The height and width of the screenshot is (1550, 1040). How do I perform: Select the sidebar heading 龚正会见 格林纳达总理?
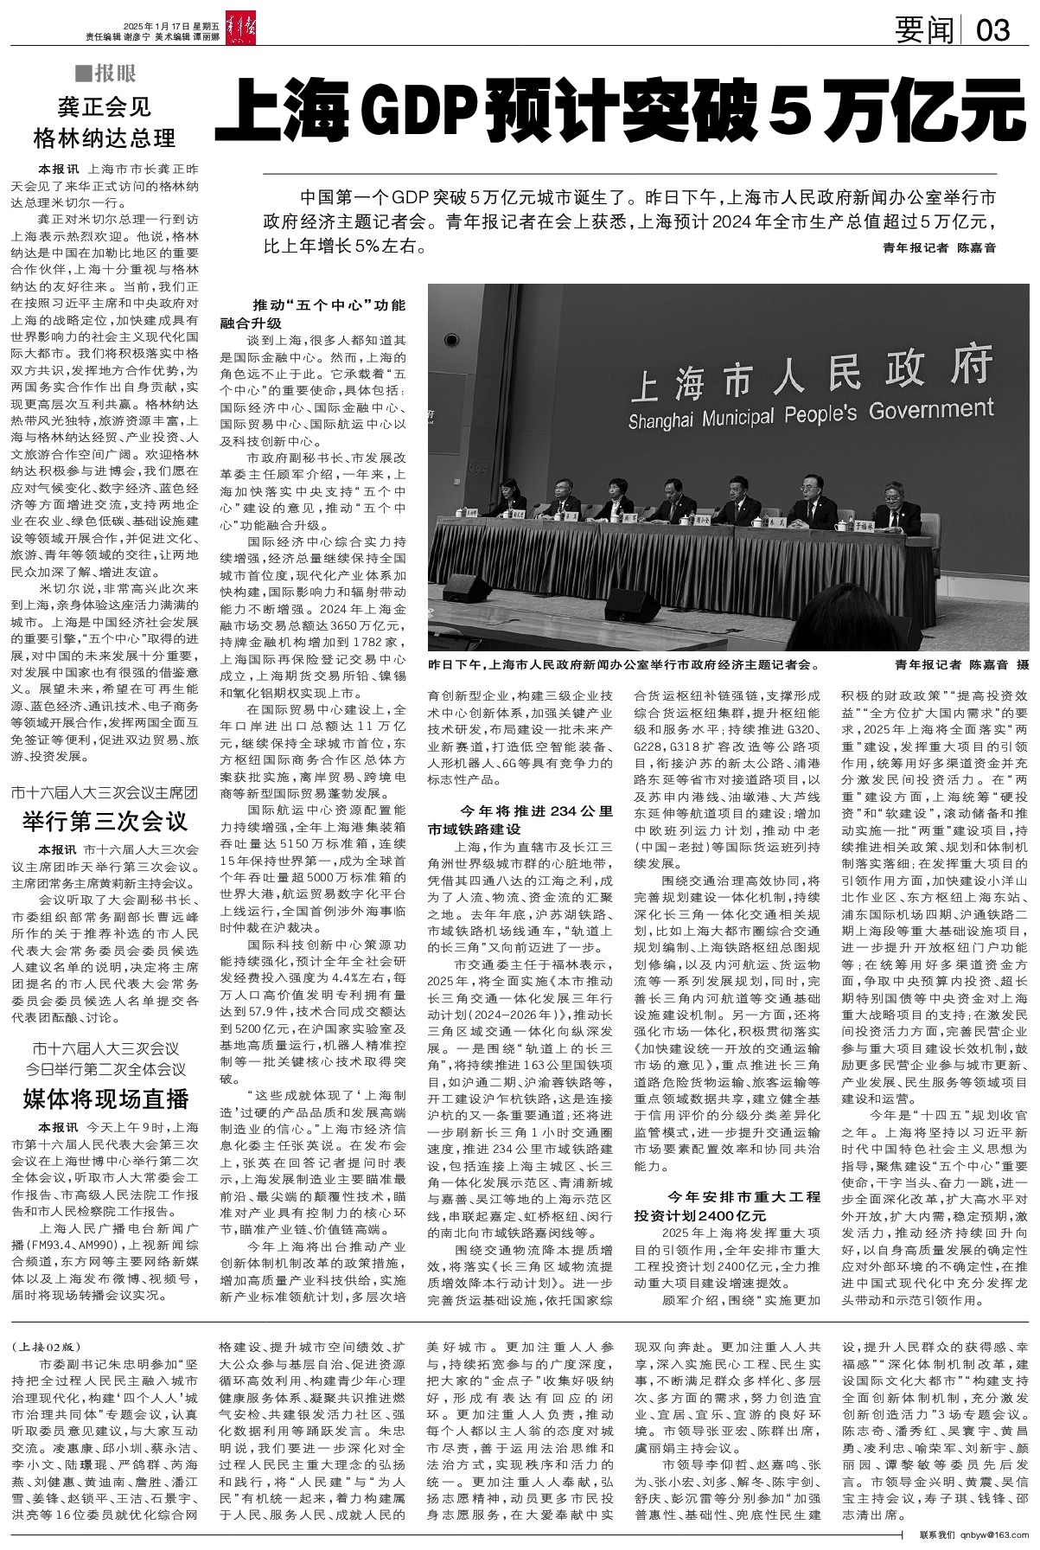[x=104, y=123]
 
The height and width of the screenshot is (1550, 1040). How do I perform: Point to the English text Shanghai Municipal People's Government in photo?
[x=811, y=415]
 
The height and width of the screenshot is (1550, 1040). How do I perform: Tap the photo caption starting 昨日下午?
[x=622, y=666]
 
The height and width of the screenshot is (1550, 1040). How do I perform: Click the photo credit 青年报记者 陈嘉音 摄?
[x=962, y=666]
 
